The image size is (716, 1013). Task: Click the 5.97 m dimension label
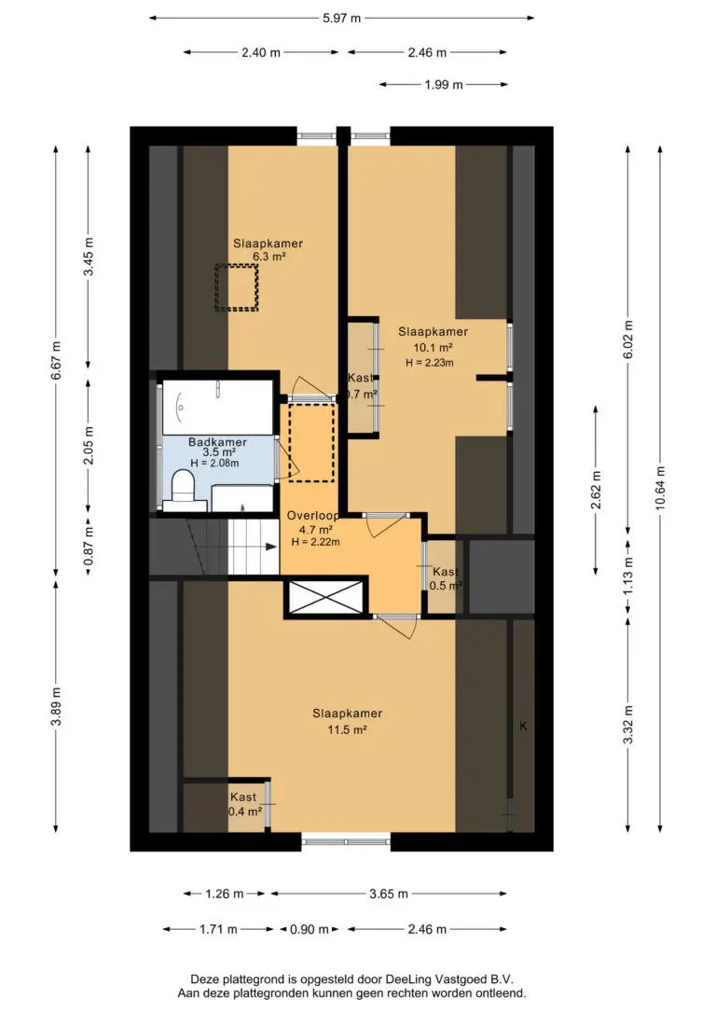pyautogui.click(x=341, y=18)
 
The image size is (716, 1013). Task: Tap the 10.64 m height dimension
pyautogui.click(x=660, y=488)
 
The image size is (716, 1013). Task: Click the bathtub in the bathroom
pyautogui.click(x=217, y=407)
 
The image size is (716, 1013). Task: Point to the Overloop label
pyautogui.click(x=313, y=516)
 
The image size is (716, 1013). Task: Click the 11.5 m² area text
pyautogui.click(x=348, y=730)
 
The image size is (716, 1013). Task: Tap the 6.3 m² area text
pyautogui.click(x=268, y=257)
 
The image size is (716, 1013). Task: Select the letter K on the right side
pyautogui.click(x=523, y=726)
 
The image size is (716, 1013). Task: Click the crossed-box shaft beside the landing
pyautogui.click(x=326, y=597)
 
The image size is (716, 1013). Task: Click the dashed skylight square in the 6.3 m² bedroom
pyautogui.click(x=237, y=287)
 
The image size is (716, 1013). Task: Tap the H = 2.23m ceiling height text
pyautogui.click(x=430, y=363)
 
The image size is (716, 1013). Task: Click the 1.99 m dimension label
pyautogui.click(x=444, y=85)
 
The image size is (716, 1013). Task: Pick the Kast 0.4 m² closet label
pyautogui.click(x=244, y=804)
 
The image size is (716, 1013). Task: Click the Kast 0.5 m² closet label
pyautogui.click(x=446, y=579)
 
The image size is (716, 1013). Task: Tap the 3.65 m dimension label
pyautogui.click(x=389, y=895)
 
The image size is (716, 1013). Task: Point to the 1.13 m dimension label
pyautogui.click(x=628, y=575)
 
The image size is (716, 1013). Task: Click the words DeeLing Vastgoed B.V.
pyautogui.click(x=449, y=979)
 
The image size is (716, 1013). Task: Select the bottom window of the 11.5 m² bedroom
pyautogui.click(x=346, y=841)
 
